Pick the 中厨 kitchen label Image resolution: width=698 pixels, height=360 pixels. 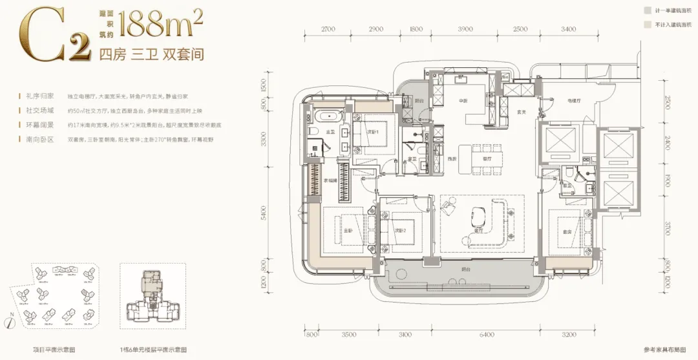(x=462, y=101)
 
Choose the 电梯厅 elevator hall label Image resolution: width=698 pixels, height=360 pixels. (x=557, y=101)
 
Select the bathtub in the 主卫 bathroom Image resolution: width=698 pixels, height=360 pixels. (x=323, y=118)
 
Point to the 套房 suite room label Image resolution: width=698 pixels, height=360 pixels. (x=568, y=231)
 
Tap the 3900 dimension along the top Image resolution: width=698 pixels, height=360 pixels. (x=465, y=29)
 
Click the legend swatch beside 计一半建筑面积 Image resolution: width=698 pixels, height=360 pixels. (x=647, y=11)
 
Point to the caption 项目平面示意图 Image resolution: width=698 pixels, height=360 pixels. (x=55, y=349)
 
